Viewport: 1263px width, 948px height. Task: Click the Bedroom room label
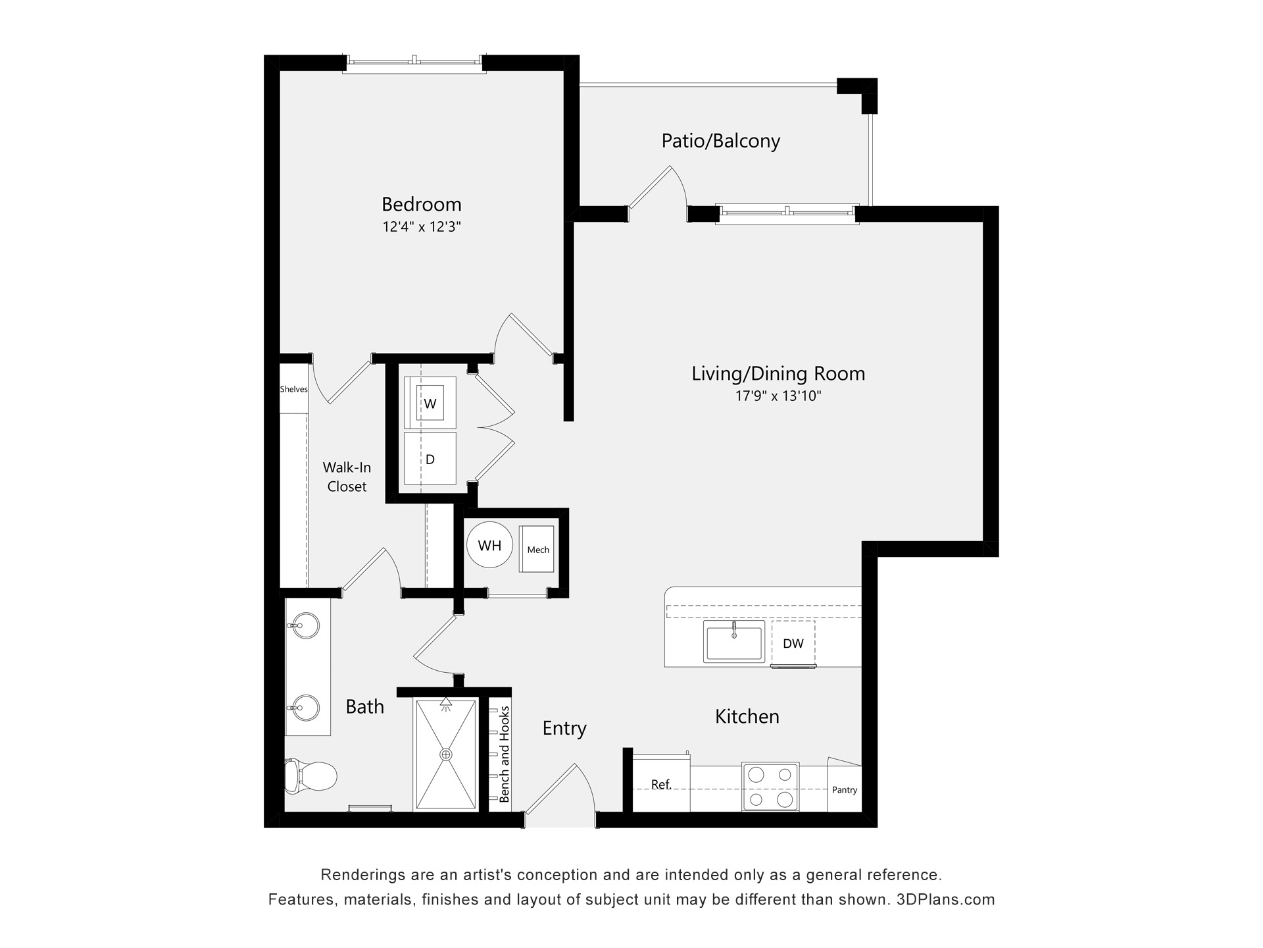(421, 204)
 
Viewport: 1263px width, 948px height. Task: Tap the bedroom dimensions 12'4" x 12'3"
(421, 227)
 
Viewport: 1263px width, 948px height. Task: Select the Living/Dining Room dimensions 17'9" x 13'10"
(778, 396)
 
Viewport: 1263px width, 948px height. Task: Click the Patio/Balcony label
(720, 141)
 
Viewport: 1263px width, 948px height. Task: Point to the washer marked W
(430, 404)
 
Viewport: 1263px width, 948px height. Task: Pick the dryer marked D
(430, 459)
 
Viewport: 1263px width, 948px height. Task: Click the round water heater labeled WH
(489, 545)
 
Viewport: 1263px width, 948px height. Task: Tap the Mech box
(537, 550)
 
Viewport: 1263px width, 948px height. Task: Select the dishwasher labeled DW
(793, 643)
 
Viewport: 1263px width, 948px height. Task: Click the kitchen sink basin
(733, 642)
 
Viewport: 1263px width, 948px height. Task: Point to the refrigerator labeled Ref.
(660, 784)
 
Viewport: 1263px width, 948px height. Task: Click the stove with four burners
(770, 787)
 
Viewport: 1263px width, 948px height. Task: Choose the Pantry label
(844, 789)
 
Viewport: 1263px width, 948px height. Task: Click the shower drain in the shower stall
(446, 754)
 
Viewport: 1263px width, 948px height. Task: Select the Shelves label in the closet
(293, 389)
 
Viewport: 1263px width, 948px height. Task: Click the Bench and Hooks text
(505, 754)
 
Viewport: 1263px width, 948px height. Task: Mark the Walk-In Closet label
(347, 477)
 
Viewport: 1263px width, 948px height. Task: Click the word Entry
(564, 728)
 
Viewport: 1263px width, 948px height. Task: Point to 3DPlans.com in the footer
(945, 899)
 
